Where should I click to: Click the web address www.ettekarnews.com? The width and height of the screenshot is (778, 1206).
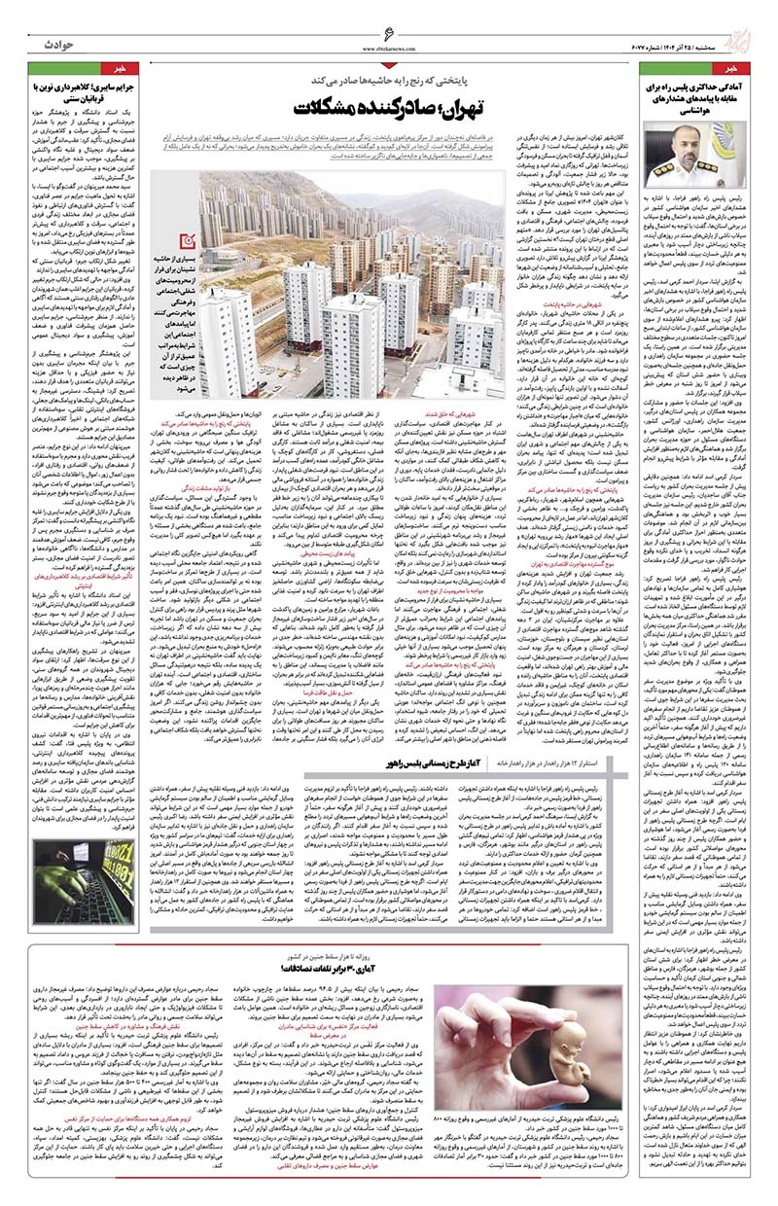[x=389, y=49]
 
